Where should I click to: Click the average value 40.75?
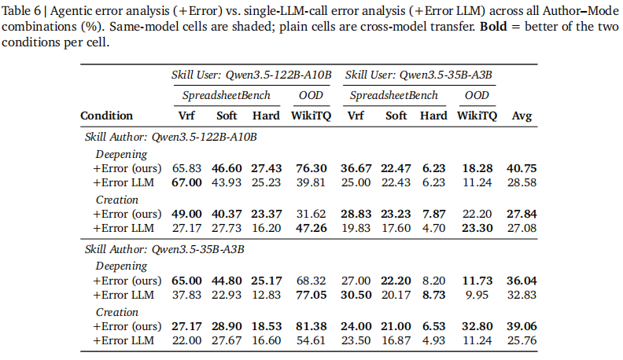(522, 168)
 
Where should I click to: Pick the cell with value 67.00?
(186, 182)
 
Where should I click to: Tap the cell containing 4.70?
(434, 228)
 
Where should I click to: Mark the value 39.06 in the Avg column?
(522, 325)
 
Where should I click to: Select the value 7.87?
(434, 214)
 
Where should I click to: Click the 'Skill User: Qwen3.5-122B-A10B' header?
(252, 75)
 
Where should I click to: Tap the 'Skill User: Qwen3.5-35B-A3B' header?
(419, 75)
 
